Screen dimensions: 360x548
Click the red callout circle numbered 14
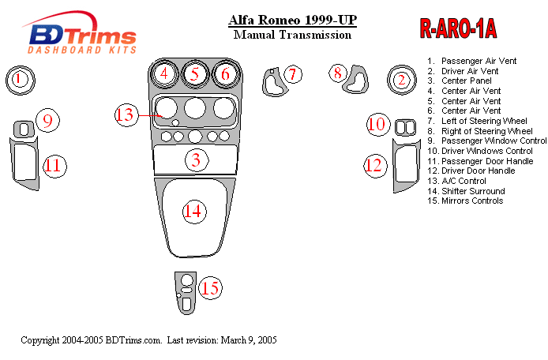193,211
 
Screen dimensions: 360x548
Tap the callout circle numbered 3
196,161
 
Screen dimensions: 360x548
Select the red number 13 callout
126,114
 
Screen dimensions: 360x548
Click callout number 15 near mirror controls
209,289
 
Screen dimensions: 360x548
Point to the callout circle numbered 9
47,121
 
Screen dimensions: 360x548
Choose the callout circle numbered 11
54,166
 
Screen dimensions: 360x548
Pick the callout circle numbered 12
373,164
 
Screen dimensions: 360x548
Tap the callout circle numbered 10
377,124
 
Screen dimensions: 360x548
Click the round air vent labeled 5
194,75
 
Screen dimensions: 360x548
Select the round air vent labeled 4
164,75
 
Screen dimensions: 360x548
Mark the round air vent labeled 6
225,75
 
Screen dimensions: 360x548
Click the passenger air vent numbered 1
21,79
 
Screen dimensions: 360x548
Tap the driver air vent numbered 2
401,79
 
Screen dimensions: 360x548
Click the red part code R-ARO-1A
457,30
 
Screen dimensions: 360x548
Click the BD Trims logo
82,36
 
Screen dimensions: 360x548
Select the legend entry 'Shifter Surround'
472,191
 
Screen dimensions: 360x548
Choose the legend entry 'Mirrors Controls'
471,201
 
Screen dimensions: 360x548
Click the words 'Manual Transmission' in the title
293,35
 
